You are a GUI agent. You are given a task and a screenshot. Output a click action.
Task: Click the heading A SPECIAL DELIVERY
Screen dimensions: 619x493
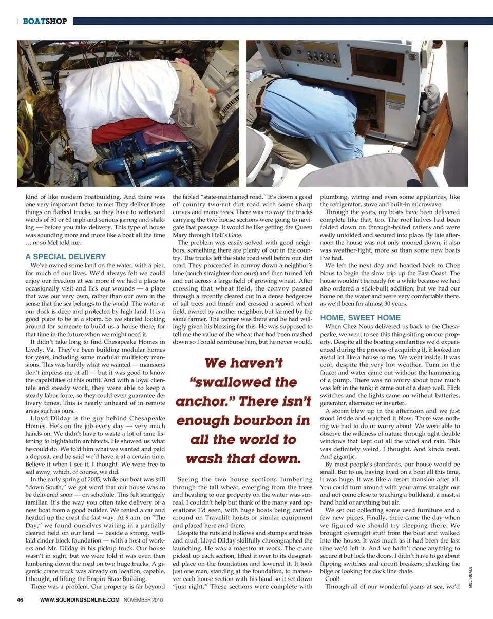pyautogui.click(x=65, y=256)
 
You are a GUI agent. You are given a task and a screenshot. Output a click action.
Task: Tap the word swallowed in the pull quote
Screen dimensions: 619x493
pyautogui.click(x=249, y=382)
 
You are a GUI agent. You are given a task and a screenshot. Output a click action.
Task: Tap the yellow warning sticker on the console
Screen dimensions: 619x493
pyautogui.click(x=395, y=100)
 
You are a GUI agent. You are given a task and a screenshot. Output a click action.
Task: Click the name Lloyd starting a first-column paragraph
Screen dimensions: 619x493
pyautogui.click(x=41, y=418)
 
